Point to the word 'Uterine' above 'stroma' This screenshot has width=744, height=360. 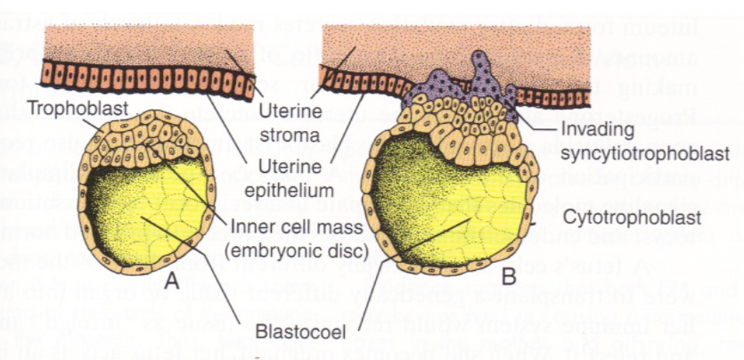285,112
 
